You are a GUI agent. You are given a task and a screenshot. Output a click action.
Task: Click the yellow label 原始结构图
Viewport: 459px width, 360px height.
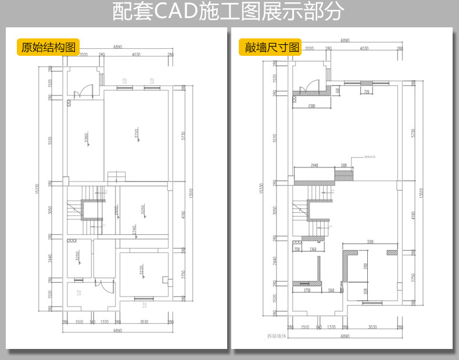[x=48, y=47]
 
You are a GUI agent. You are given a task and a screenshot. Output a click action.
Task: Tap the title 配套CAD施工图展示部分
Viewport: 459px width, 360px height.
[x=229, y=12]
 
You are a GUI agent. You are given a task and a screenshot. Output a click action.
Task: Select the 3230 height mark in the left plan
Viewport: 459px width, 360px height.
[x=141, y=270]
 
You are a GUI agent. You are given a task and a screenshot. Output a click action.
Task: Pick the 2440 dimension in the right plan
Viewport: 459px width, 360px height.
[x=314, y=166]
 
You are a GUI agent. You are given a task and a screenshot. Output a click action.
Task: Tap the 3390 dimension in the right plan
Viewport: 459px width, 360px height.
[x=370, y=241]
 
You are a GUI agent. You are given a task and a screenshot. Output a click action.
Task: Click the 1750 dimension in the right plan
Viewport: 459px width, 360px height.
[x=307, y=290]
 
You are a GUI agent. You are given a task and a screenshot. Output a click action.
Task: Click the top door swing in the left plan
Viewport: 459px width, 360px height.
[x=85, y=91]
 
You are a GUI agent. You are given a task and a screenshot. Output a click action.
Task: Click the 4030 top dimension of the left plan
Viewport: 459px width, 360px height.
[x=137, y=55]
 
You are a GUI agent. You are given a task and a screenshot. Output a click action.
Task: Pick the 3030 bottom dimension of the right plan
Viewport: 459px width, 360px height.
[x=372, y=327]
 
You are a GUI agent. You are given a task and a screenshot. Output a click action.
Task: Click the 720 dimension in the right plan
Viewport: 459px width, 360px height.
[x=366, y=92]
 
